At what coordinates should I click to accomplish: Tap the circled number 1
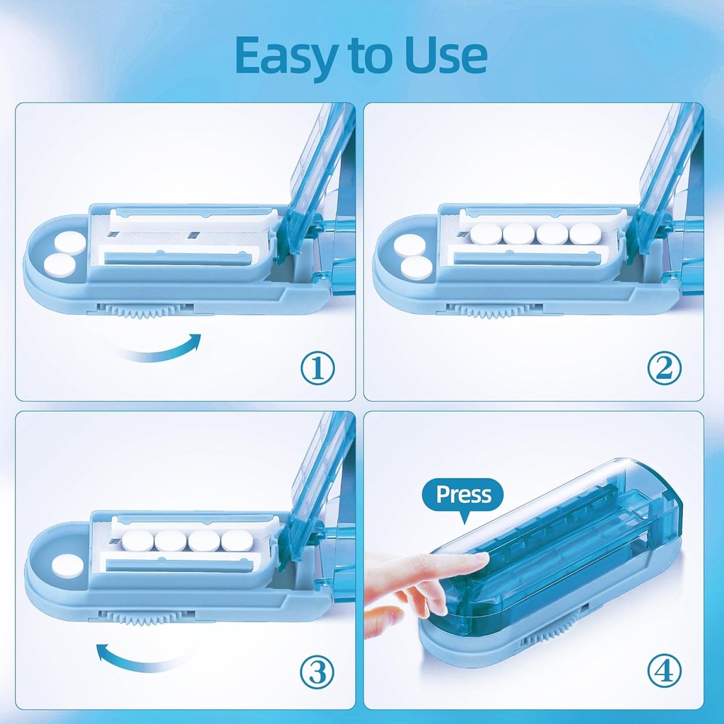click(317, 368)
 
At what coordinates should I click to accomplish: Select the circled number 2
click(665, 368)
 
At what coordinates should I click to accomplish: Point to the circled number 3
click(317, 672)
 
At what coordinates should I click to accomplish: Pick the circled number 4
click(665, 670)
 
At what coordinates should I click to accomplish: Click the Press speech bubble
click(463, 495)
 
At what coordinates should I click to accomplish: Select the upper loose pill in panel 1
click(71, 243)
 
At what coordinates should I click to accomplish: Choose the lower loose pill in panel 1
click(59, 266)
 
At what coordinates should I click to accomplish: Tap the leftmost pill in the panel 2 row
click(485, 233)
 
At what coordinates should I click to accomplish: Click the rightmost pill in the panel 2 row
click(585, 233)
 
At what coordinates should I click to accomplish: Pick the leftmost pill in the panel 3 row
click(137, 542)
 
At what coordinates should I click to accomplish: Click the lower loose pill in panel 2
click(416, 268)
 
